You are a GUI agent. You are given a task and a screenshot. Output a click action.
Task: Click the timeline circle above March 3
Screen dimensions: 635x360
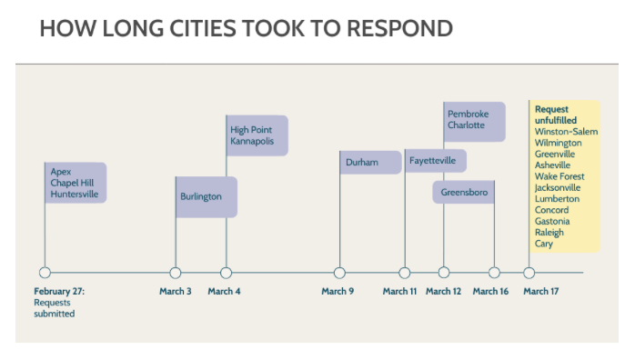pos(176,273)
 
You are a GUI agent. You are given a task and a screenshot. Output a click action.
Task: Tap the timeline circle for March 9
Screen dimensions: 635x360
pos(339,273)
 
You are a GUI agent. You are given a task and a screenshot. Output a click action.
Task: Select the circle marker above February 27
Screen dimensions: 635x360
pos(45,273)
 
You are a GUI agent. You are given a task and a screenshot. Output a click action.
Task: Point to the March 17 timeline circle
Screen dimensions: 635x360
pos(529,273)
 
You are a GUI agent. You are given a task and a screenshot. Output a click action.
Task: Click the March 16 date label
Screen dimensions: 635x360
pos(490,291)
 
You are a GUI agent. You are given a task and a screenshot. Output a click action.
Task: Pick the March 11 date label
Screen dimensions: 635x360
pos(399,291)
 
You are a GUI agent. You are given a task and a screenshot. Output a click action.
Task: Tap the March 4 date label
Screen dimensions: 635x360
pos(224,291)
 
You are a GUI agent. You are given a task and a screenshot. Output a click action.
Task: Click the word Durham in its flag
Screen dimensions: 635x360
pos(362,162)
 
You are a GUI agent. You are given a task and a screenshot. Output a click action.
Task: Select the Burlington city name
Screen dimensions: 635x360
pos(201,196)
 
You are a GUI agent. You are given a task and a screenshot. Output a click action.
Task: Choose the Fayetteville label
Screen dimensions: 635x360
pos(432,161)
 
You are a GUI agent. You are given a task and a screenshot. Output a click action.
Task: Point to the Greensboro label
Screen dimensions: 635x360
pos(464,192)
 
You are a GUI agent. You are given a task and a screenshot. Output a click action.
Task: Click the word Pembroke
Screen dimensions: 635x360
pos(469,114)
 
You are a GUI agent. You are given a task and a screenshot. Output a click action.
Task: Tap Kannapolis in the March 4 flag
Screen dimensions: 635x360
pos(252,141)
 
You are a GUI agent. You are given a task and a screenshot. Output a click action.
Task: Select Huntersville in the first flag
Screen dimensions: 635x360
pos(75,195)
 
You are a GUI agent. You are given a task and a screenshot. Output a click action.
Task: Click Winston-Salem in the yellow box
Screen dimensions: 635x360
pos(566,132)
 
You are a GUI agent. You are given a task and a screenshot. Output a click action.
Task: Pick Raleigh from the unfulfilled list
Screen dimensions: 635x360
pos(549,233)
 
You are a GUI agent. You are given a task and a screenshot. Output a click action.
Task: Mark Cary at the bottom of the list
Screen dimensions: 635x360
pos(543,244)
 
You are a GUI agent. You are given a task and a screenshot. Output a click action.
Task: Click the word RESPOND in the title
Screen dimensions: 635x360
pos(399,29)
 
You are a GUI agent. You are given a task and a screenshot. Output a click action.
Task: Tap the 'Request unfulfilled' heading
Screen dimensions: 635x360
pos(556,115)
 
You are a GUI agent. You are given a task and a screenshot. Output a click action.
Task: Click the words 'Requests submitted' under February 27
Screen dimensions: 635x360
pos(55,308)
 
